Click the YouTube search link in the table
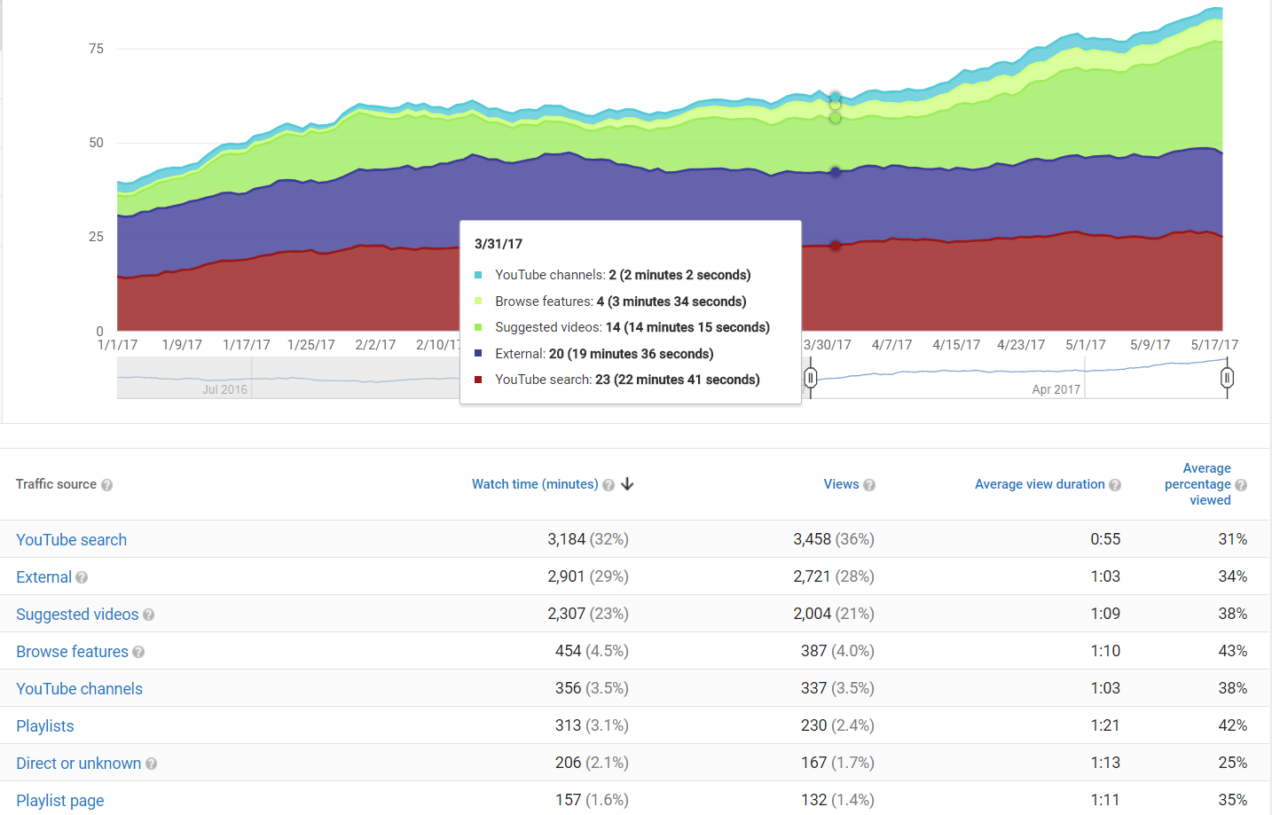pos(71,540)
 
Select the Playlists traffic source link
pos(45,726)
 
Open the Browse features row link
pos(72,652)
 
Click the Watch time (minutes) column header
pos(535,484)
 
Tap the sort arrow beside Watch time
pos(628,484)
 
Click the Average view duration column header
pos(1040,484)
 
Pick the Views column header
pos(841,484)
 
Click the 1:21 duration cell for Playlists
pos(1105,725)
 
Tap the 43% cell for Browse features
pos(1232,651)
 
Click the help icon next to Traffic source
pos(107,485)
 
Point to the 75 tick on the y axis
pos(96,49)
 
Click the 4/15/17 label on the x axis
pos(956,345)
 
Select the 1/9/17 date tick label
pos(182,345)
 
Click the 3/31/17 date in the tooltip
pos(499,244)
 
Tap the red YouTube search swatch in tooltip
pos(478,380)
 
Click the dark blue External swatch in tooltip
pos(478,354)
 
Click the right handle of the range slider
pos(1227,379)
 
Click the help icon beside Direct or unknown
pos(152,764)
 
